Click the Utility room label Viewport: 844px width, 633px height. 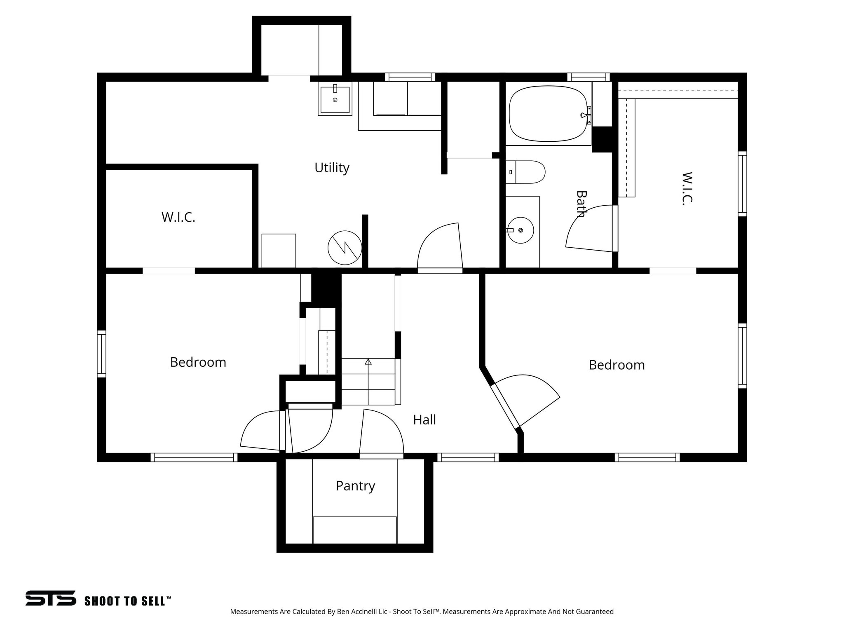point(332,168)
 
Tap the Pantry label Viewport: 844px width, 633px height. point(355,486)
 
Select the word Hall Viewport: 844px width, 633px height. point(424,420)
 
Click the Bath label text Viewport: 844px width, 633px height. point(581,204)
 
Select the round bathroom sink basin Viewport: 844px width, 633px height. point(520,230)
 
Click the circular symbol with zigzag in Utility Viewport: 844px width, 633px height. point(345,248)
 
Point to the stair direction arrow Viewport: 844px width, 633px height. point(368,362)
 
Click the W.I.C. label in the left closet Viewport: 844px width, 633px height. point(178,217)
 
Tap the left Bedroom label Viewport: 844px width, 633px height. point(198,362)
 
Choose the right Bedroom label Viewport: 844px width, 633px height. point(617,365)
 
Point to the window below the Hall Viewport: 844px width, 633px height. point(468,457)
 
